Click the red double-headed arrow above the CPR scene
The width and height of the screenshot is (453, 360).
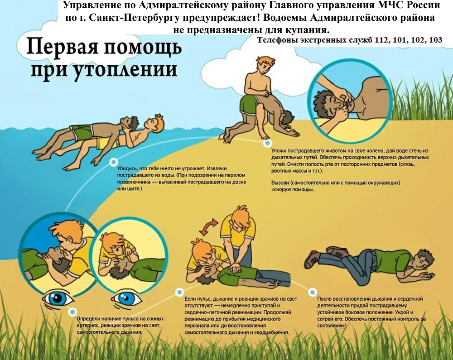click(208, 226)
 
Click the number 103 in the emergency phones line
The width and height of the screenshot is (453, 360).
click(435, 40)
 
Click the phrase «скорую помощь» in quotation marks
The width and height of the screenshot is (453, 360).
click(293, 190)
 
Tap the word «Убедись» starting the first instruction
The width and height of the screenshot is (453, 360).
click(127, 168)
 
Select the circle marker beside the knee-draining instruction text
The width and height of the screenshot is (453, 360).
click(268, 143)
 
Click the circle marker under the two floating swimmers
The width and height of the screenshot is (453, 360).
click(114, 162)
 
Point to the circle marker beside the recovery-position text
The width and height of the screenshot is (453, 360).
click(312, 293)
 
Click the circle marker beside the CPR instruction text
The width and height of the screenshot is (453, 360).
click(179, 293)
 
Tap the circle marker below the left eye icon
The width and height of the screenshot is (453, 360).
click(72, 312)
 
